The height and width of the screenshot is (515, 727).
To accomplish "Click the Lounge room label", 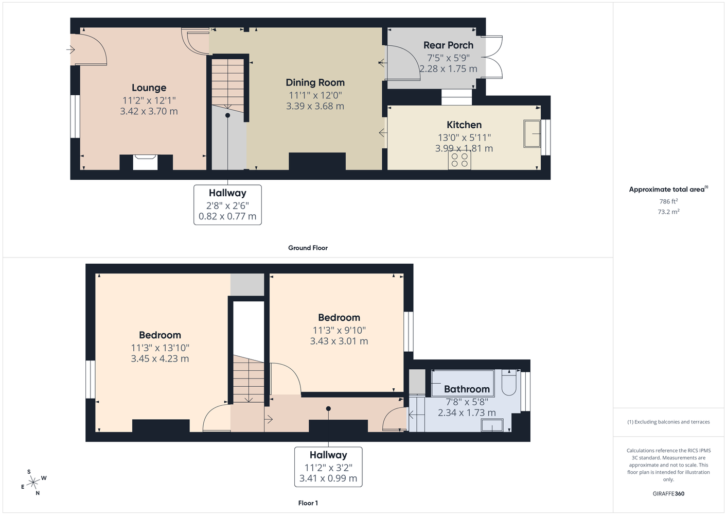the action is (149, 88).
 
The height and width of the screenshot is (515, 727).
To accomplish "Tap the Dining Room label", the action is (315, 83).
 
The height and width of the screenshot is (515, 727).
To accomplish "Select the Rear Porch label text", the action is (448, 45).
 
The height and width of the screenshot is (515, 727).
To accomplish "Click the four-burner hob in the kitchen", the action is (459, 160).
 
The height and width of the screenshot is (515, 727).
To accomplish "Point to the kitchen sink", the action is (532, 133).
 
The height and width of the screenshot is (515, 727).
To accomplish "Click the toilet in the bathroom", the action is (509, 382).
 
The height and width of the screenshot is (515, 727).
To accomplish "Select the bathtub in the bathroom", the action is (463, 383).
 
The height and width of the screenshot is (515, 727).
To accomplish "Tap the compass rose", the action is (33, 482).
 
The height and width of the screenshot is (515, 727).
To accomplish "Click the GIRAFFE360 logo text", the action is (668, 493).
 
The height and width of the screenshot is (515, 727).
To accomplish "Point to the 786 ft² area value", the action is (668, 201).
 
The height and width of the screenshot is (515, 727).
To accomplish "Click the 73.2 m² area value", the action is (668, 212).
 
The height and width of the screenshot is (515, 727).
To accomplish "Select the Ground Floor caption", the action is (308, 248).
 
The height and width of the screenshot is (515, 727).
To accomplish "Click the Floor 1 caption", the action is (308, 503).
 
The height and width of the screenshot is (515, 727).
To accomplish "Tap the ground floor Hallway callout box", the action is (227, 204).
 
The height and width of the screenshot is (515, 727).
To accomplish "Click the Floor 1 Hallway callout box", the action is (328, 467).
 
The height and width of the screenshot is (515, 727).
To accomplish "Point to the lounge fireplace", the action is (146, 162).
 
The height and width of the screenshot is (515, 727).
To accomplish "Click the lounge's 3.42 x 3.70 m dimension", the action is (149, 111).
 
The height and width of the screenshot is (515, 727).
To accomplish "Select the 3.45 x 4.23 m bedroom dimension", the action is (159, 359).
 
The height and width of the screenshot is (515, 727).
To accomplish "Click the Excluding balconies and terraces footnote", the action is (668, 422).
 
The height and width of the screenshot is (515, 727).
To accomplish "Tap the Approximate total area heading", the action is (668, 190).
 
